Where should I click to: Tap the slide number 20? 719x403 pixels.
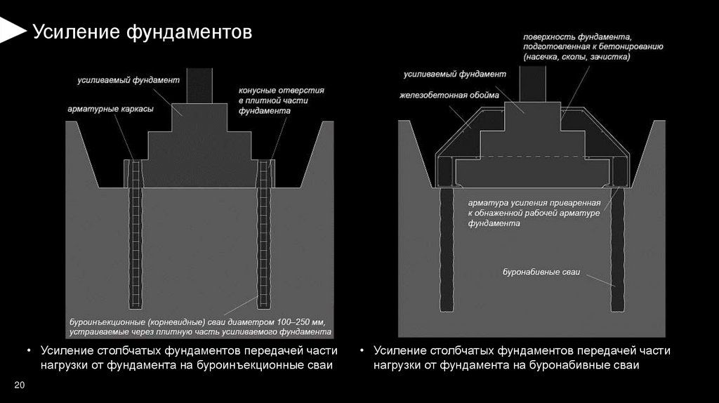(19, 385)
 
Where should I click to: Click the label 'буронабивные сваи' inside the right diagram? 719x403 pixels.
(541, 271)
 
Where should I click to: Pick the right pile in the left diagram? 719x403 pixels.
(265, 239)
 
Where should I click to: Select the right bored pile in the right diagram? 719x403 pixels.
(617, 246)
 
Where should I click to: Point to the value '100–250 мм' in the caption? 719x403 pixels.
(294, 321)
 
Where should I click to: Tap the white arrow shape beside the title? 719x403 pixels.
(11, 29)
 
